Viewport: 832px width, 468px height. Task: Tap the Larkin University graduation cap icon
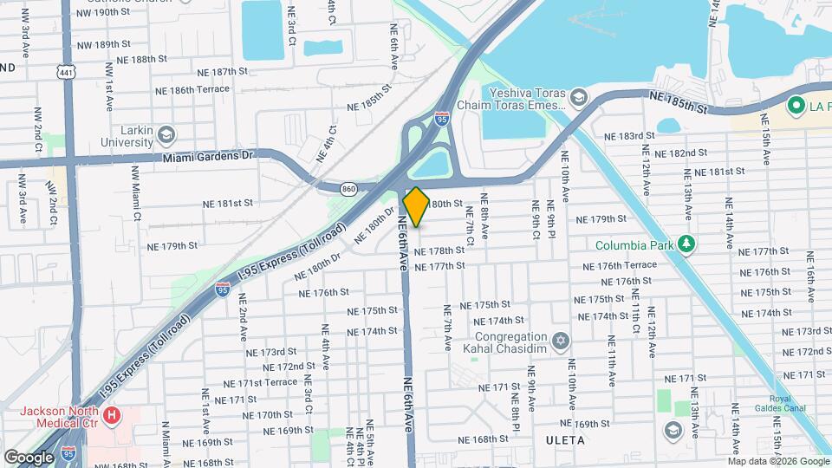click(166, 134)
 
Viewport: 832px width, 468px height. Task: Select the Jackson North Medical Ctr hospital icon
click(112, 416)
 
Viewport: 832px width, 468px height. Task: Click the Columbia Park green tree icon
click(686, 244)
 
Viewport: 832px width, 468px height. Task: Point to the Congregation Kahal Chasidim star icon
click(561, 339)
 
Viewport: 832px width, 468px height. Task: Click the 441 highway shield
click(66, 73)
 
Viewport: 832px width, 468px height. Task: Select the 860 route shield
click(348, 187)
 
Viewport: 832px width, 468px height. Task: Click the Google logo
click(29, 457)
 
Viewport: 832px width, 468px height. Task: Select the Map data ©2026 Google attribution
click(778, 461)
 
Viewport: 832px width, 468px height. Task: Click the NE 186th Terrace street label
click(192, 89)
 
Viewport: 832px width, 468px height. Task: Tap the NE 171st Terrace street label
click(260, 383)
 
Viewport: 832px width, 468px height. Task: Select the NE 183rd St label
click(629, 137)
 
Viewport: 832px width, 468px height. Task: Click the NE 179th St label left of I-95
click(172, 246)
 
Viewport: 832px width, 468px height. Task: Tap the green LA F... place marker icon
click(796, 106)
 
